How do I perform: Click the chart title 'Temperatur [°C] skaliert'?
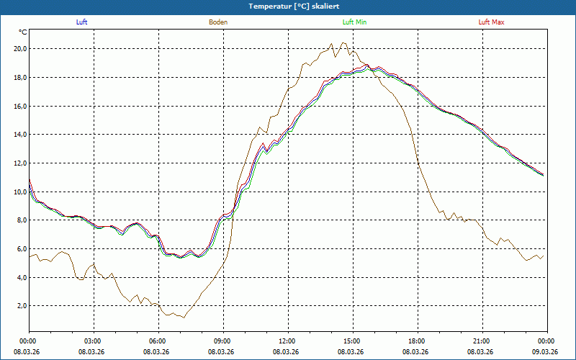[x=288, y=6]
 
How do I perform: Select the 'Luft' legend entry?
[x=81, y=22]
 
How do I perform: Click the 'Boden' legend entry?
[x=218, y=22]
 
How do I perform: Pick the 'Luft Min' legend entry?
[x=354, y=22]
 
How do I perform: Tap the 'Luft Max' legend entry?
[x=492, y=22]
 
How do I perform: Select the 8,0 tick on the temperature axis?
[x=20, y=220]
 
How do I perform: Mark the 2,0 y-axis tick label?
[x=20, y=306]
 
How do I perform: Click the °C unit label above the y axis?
[x=23, y=32]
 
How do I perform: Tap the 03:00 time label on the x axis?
[x=93, y=341]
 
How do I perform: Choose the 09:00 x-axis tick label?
[x=222, y=341]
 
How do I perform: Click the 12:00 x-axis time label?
[x=287, y=341]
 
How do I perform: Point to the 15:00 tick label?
[x=351, y=341]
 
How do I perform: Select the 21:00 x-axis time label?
[x=481, y=341]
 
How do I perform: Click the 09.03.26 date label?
[x=545, y=351]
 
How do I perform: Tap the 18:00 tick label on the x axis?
[x=416, y=341]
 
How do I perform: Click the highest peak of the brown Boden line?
[x=342, y=42]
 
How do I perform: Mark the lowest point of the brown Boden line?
[x=184, y=318]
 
